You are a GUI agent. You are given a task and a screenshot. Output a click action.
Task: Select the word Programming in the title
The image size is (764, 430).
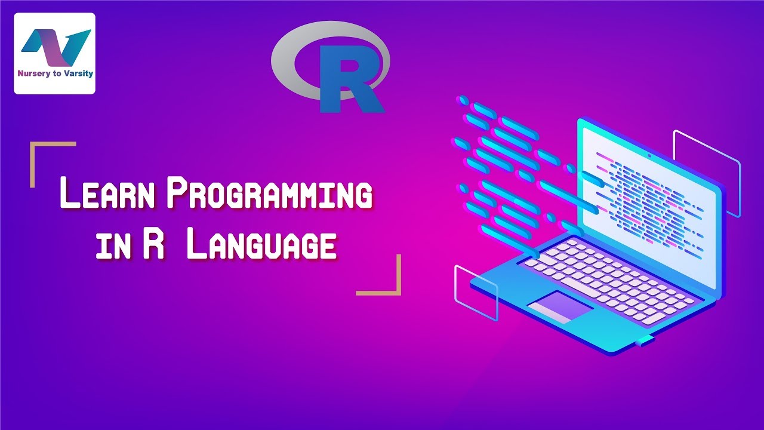click(269, 196)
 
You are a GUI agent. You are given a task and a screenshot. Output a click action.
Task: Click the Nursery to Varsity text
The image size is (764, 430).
click(54, 75)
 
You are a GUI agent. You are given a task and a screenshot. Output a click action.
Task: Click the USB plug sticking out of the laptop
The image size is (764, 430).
click(644, 342)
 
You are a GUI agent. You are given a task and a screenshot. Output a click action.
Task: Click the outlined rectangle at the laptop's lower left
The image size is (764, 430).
click(476, 293)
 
